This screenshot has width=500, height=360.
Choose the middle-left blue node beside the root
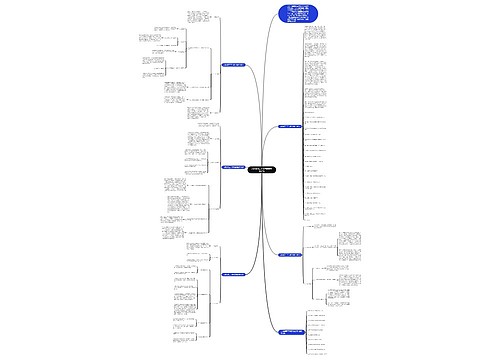(x=235, y=166)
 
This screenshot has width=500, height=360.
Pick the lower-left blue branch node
(x=235, y=272)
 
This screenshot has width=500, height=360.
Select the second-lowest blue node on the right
(x=285, y=253)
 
